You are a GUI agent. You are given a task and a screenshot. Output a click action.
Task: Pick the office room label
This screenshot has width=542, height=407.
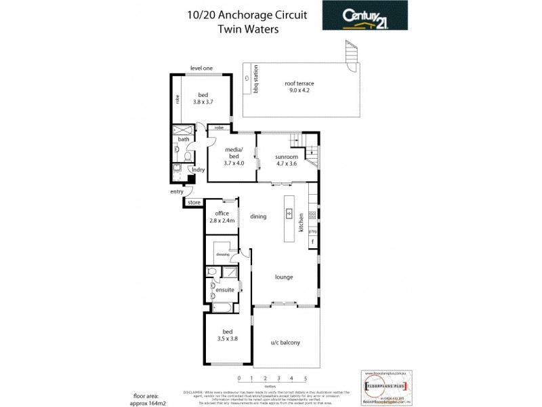point(222,217)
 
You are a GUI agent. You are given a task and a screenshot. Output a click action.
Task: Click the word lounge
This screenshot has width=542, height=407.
point(283,277)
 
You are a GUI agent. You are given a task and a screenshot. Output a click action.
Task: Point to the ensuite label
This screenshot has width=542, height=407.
point(226,290)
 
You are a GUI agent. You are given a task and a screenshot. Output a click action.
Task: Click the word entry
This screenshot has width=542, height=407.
point(177,192)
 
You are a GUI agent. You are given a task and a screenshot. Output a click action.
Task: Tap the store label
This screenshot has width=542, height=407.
point(194,202)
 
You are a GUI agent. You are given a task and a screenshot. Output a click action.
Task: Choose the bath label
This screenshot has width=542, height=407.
point(184,140)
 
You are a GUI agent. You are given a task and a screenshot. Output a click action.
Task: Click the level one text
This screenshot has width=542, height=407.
point(201,68)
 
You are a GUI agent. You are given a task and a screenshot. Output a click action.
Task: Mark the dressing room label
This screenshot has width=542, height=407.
point(223,254)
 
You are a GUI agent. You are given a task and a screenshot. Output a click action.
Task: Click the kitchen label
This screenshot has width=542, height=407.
point(301,224)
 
